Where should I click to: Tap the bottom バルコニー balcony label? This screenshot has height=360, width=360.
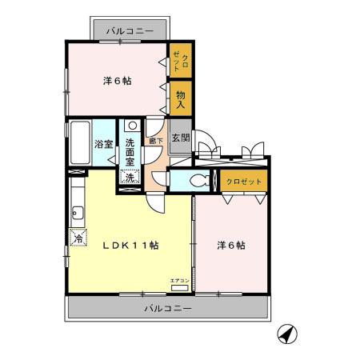click(167, 307)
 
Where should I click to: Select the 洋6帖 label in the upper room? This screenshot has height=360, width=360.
click(118, 81)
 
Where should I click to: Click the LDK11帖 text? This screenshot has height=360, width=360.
click(130, 245)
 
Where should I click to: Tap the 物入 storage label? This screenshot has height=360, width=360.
click(181, 98)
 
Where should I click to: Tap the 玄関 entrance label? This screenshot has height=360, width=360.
click(181, 137)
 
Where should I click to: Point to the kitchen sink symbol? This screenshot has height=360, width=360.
click(77, 212)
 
